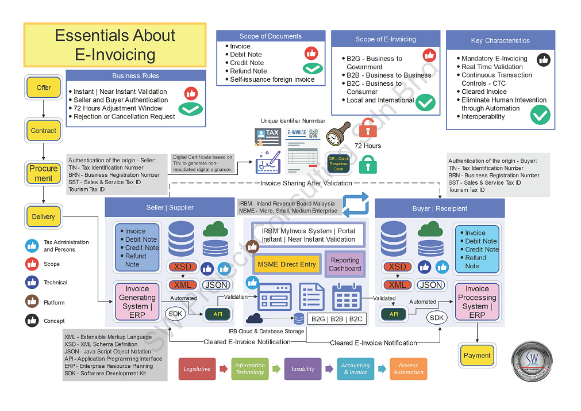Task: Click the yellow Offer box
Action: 44,87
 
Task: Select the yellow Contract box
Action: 44,131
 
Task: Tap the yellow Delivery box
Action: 44,217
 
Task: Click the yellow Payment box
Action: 477,355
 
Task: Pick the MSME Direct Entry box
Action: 286,264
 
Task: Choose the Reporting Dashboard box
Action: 345,264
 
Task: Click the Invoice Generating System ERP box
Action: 137,302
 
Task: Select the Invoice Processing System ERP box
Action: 476,302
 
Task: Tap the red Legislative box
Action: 197,369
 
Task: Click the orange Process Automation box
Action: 408,369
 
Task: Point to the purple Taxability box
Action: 303,369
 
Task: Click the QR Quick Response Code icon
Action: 338,162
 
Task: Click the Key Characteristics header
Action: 500,40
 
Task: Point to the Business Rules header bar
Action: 136,75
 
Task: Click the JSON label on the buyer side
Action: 431,285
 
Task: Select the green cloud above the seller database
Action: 216,229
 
